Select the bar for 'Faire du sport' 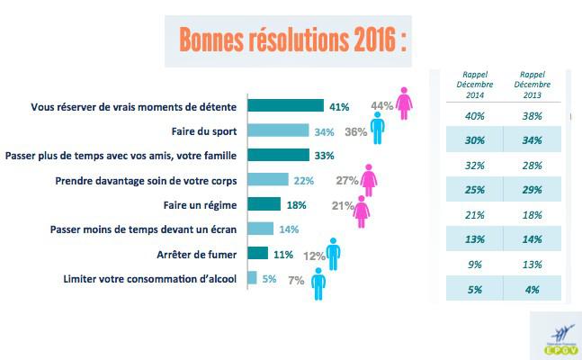point(275,131)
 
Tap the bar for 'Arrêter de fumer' point(256,254)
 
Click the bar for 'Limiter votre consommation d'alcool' point(251,278)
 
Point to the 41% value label point(338,107)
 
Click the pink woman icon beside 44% point(406,103)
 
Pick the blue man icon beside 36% point(378,132)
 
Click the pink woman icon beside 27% point(368,180)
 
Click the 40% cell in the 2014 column point(473,116)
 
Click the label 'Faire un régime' point(195,204)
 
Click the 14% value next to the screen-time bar point(290,229)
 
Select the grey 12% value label point(313,255)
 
